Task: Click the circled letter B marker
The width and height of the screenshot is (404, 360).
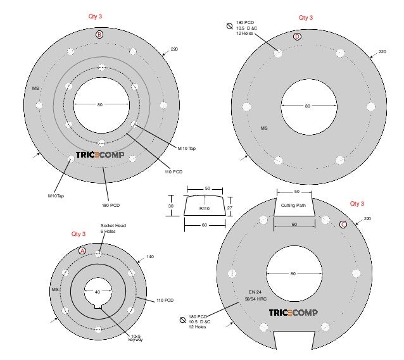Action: point(99,35)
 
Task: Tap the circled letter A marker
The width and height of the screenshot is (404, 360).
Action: point(82,251)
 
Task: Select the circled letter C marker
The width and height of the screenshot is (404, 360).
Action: point(343,225)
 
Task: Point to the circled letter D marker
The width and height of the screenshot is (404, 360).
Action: point(297,37)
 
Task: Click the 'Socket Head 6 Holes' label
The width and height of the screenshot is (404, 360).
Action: point(113,228)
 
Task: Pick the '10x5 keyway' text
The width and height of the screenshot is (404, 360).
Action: point(136,338)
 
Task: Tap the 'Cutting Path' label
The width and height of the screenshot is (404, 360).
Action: point(293,206)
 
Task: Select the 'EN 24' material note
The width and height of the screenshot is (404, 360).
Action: point(255,292)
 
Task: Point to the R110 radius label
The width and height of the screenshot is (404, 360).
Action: point(205,208)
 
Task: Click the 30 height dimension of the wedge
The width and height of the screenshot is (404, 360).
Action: point(170,206)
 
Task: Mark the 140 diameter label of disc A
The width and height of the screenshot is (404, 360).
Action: point(150,257)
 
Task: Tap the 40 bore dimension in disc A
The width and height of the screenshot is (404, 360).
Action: point(98,292)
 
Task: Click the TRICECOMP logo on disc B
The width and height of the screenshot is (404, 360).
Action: point(100,155)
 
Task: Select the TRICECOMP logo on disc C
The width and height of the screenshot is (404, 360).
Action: point(293,313)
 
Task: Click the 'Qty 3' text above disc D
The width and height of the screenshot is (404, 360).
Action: point(306,18)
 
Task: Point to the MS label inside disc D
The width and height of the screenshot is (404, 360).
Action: point(264,128)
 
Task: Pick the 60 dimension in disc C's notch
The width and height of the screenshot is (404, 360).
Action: point(294,224)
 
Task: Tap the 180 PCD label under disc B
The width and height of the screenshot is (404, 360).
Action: point(111,206)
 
